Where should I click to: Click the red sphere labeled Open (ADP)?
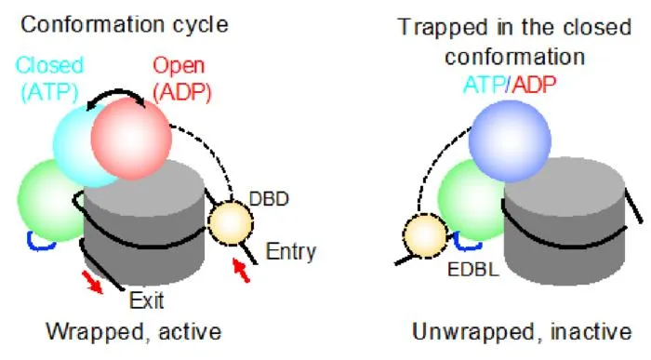[131, 139]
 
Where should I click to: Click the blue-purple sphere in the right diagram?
[510, 141]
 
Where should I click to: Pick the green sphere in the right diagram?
[469, 199]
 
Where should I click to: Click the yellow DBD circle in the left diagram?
[231, 223]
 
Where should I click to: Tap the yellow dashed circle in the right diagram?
[426, 236]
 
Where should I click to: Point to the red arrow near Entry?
[241, 270]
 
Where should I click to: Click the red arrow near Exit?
[93, 282]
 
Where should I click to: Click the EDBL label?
[473, 270]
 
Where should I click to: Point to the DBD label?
[269, 199]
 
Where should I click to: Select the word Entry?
[290, 251]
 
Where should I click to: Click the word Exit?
[147, 300]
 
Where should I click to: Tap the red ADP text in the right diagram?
[534, 86]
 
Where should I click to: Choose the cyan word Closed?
[50, 66]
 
